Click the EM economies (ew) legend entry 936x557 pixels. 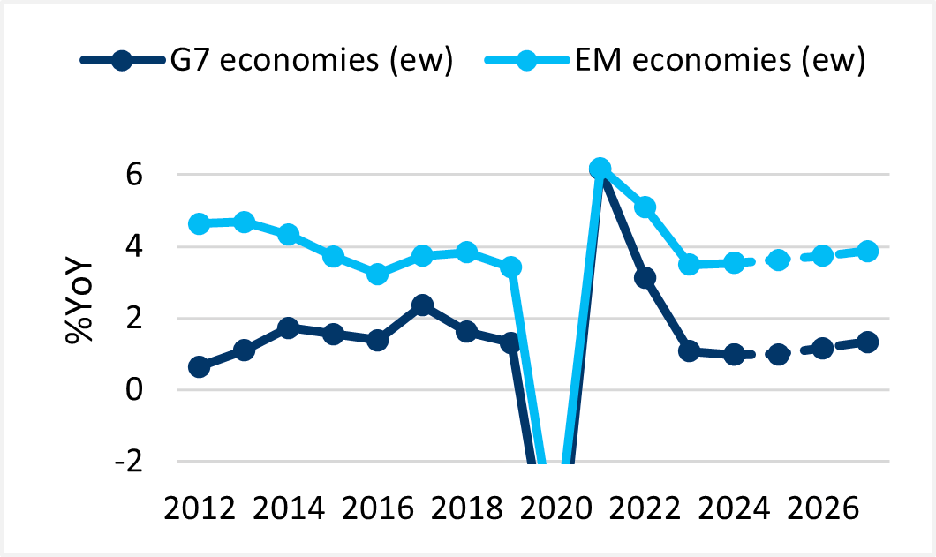(676, 61)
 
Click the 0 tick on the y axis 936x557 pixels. (134, 389)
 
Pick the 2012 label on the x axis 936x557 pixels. (200, 510)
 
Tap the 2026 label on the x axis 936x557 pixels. (823, 510)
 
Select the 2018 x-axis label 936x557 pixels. (467, 510)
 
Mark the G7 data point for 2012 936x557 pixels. (200, 366)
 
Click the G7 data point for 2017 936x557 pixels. (422, 305)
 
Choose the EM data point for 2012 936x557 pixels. (200, 223)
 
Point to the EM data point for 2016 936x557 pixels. (377, 274)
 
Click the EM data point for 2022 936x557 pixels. (645, 207)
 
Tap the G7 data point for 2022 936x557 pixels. (645, 278)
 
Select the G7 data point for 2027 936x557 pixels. (867, 342)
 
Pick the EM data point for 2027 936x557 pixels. (867, 251)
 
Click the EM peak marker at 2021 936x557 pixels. (600, 169)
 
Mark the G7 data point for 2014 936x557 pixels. (289, 327)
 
